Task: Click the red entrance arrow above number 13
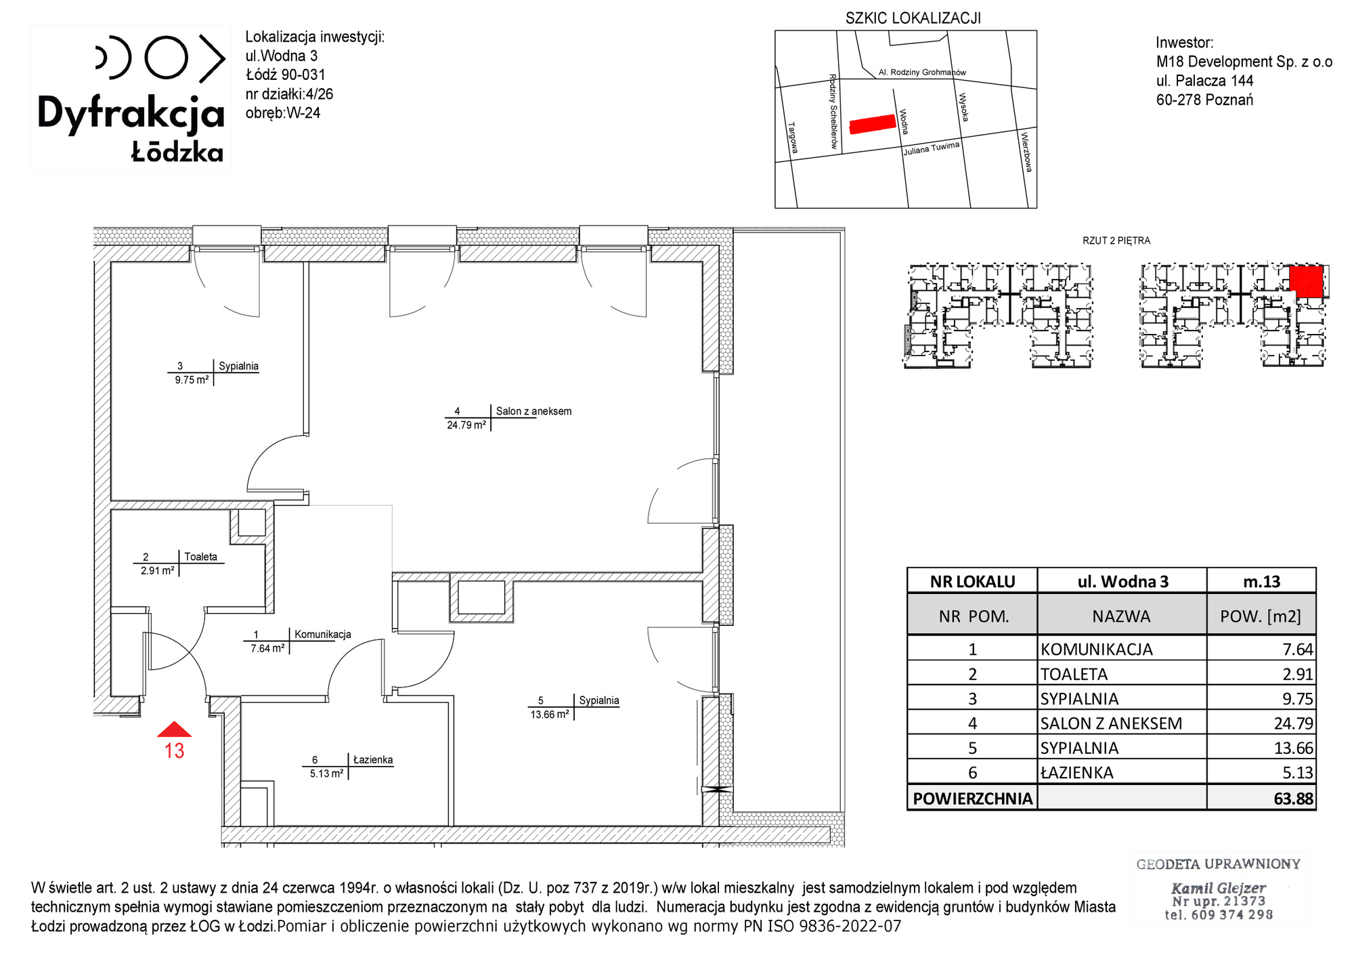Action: tap(174, 729)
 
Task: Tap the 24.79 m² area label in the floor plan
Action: tap(466, 425)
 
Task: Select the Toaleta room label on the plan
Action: tap(201, 557)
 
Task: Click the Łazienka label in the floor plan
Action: tap(373, 760)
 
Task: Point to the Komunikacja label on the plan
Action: tap(323, 635)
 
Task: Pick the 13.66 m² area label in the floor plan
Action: tap(550, 715)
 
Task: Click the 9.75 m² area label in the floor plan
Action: tap(192, 380)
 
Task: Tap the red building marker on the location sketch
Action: tap(873, 124)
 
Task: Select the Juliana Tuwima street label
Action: tap(932, 148)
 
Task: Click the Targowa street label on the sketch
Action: tap(793, 138)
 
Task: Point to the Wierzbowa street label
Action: tap(1026, 152)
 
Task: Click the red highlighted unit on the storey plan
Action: tap(1306, 281)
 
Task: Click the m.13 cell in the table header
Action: tap(1262, 582)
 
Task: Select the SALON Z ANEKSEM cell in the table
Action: tap(1111, 723)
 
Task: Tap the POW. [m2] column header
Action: tap(1261, 616)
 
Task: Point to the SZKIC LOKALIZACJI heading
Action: tap(913, 18)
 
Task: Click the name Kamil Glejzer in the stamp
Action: tap(1219, 888)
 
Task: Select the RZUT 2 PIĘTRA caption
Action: tap(1116, 240)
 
